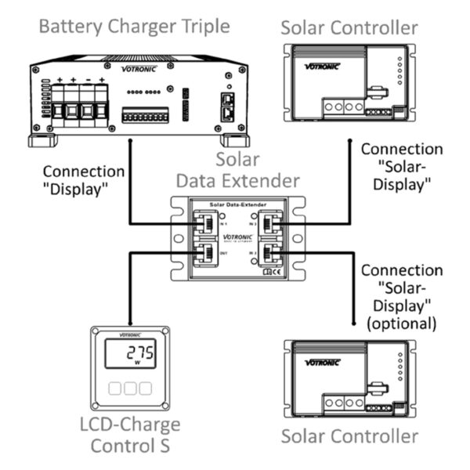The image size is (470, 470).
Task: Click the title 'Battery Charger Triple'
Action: click(x=134, y=27)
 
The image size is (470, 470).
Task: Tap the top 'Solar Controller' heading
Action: click(x=348, y=29)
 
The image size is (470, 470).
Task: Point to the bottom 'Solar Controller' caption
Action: click(x=348, y=436)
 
